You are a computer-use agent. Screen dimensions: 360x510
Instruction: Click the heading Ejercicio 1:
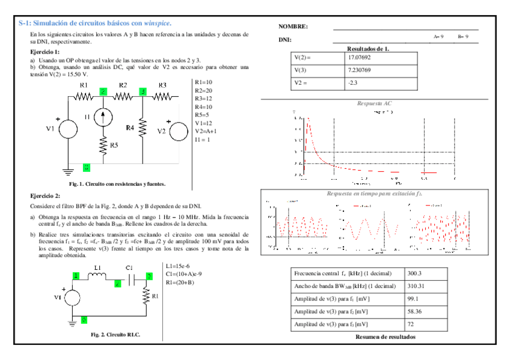pyautogui.click(x=45, y=52)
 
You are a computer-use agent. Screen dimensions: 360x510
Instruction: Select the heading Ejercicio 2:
pyautogui.click(x=45, y=196)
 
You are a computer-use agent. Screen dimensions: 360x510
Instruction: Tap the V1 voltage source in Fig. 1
pyautogui.click(x=67, y=129)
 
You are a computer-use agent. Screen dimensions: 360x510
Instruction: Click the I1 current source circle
pyautogui.click(x=104, y=117)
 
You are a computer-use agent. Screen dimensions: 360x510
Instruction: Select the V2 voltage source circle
pyautogui.click(x=179, y=130)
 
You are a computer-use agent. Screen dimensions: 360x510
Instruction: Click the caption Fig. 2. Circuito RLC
pyautogui.click(x=115, y=334)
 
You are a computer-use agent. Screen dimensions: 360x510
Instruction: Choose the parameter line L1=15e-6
pyautogui.click(x=178, y=266)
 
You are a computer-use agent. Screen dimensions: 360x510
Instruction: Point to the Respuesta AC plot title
pyautogui.click(x=375, y=103)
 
